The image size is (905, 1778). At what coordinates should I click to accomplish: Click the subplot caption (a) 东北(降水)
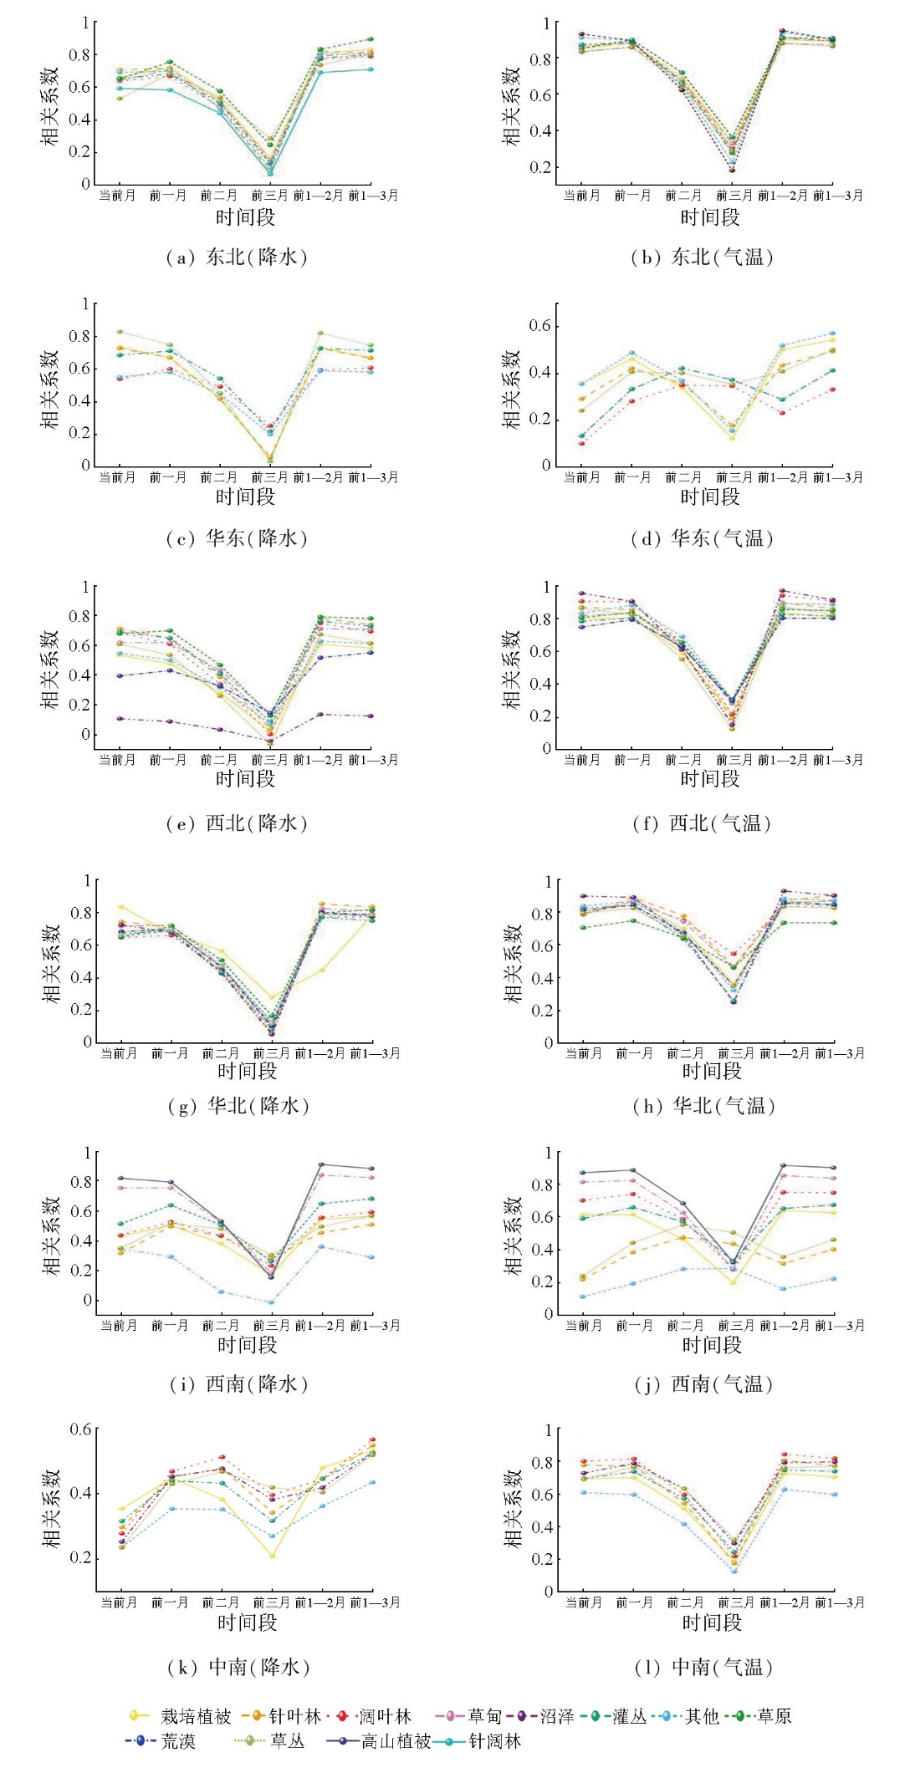[x=237, y=257]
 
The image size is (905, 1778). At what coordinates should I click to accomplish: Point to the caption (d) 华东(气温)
[x=702, y=539]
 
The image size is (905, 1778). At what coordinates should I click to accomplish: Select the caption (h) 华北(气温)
[x=703, y=1106]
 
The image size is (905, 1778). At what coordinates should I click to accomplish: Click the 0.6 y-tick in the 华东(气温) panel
[x=539, y=325]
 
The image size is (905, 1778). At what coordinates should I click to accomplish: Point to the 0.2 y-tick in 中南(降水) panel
[x=80, y=1558]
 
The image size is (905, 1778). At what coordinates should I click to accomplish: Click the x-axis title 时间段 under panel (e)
[x=245, y=779]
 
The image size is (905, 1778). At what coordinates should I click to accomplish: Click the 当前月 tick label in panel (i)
[x=119, y=1326]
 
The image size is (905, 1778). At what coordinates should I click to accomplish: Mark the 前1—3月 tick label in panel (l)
[x=840, y=1602]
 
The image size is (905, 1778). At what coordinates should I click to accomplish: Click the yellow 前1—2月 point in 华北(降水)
[x=322, y=970]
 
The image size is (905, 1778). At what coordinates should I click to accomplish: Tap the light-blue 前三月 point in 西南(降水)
[x=271, y=1302]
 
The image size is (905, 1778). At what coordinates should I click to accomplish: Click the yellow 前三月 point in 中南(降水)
[x=272, y=1556]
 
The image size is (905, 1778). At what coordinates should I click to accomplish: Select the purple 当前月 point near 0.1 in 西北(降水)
[x=120, y=718]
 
